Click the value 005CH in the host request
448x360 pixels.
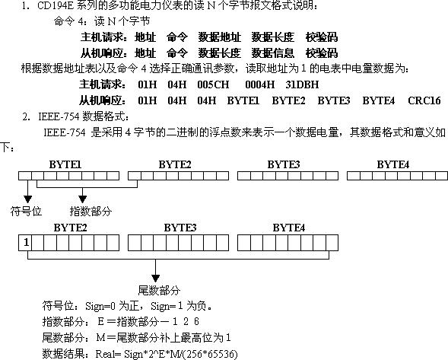tap(213, 84)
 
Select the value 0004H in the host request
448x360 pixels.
tap(259, 84)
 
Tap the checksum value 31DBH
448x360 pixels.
tap(302, 84)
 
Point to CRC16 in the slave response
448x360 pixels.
tap(424, 100)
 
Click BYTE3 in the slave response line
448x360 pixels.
tap(333, 100)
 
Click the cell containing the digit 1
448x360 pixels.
tap(25, 243)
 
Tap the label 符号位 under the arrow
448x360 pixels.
tap(26, 212)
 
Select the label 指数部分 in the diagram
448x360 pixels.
tap(91, 212)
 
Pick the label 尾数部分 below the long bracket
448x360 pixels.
tap(159, 290)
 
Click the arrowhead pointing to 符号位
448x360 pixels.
tap(27, 199)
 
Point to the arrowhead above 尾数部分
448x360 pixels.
tap(155, 279)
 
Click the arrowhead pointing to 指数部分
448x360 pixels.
tap(83, 199)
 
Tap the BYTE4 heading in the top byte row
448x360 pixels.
tap(393, 164)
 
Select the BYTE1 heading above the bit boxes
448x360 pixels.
tap(65, 164)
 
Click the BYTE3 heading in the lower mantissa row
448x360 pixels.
tap(180, 228)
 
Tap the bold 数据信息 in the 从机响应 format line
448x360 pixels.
tap(272, 53)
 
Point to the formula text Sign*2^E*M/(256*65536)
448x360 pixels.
tap(180, 354)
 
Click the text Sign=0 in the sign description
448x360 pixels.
tap(100, 306)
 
